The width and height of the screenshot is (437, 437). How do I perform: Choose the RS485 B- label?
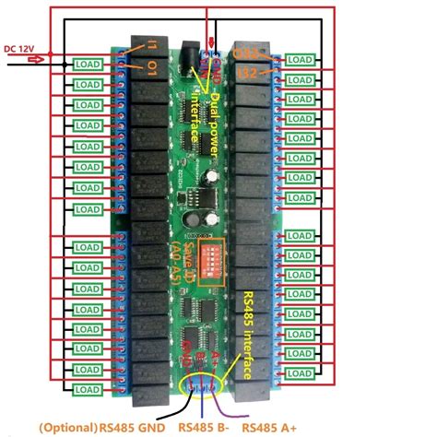205,427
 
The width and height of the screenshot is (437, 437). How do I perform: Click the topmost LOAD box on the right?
299,60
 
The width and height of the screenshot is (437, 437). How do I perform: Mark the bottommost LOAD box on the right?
299,390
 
